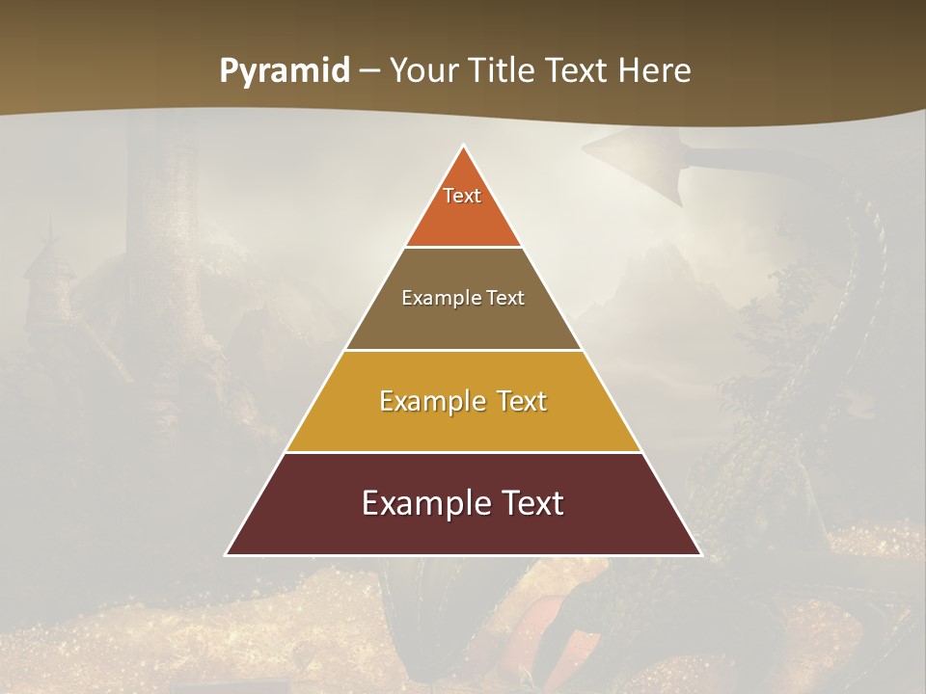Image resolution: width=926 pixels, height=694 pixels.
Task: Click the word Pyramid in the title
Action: tap(285, 71)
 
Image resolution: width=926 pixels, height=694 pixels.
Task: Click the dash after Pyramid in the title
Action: tap(369, 71)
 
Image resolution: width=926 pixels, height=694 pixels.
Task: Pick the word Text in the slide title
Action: tap(578, 71)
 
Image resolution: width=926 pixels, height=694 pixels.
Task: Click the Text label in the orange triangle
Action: tap(462, 196)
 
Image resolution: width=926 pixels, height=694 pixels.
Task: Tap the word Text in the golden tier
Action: tap(522, 401)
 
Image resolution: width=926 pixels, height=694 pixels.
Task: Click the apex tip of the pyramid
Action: tap(464, 147)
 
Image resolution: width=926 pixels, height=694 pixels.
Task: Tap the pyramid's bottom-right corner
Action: tap(699, 553)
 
